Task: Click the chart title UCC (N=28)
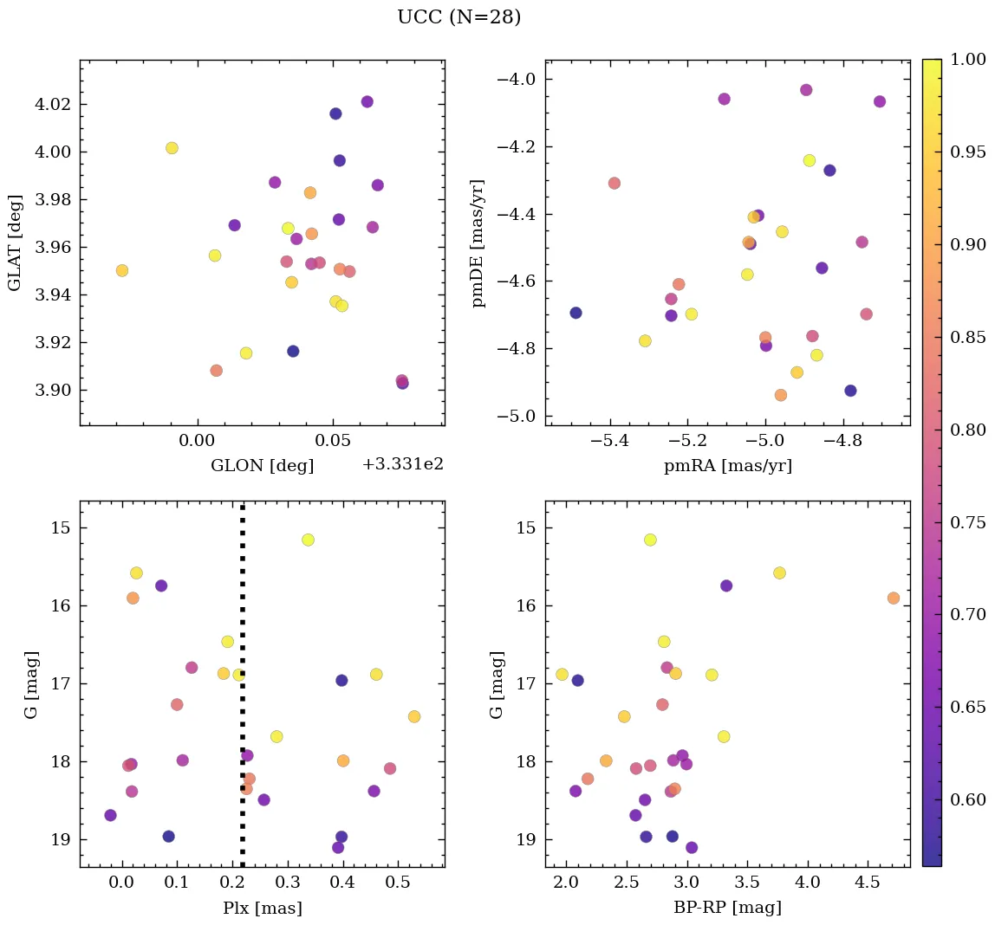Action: (458, 17)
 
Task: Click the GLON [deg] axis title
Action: (262, 466)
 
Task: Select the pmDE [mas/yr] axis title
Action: (478, 243)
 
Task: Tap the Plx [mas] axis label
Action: (262, 908)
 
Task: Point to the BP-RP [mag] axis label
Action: (727, 908)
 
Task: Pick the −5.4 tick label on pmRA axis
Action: (609, 442)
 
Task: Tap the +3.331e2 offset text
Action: (402, 464)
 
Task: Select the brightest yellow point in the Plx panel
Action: (308, 540)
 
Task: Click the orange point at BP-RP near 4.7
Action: (894, 598)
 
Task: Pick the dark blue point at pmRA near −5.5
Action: (576, 313)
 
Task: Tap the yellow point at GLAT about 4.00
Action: (172, 148)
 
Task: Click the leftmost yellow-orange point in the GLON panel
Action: (122, 270)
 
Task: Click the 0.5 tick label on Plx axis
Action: (398, 883)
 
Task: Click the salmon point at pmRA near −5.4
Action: (615, 183)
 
